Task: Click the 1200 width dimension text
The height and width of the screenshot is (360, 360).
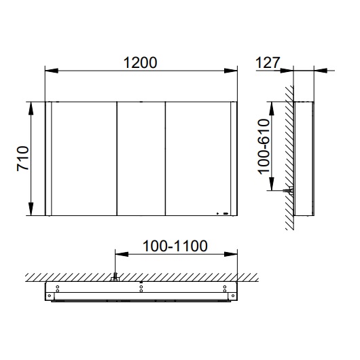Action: coord(141,62)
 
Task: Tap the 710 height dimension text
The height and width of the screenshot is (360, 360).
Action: coord(21,159)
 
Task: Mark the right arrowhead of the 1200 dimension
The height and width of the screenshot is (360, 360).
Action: coord(232,70)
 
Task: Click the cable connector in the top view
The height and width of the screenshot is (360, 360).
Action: coord(115,277)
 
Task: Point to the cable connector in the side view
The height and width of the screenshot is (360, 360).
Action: coord(290,192)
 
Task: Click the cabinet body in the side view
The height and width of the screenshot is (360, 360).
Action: coord(303,159)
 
